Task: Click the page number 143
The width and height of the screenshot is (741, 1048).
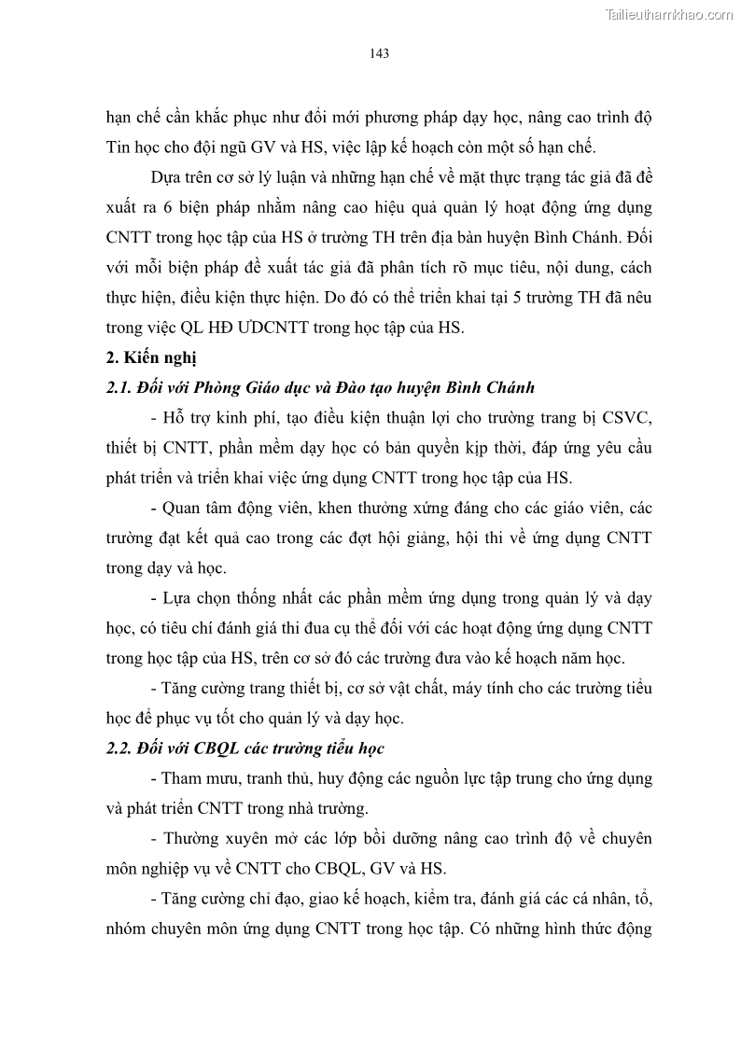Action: click(x=379, y=53)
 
